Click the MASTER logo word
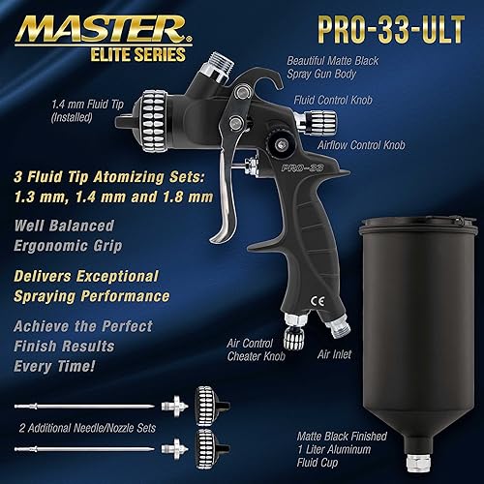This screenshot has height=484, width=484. pyautogui.click(x=92, y=22)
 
